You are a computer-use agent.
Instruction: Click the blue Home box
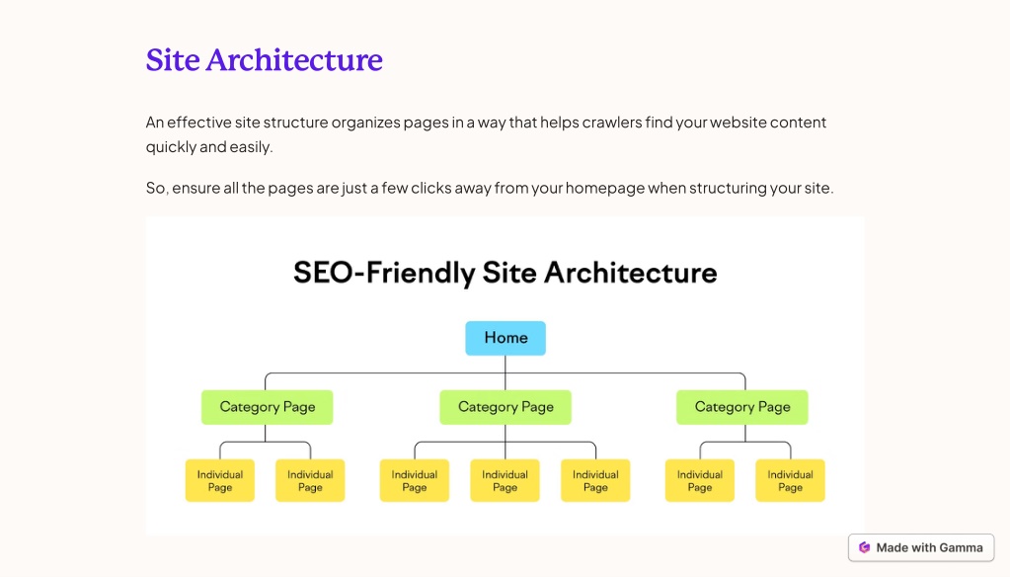[x=505, y=338]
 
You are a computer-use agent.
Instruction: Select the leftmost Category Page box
[x=268, y=407]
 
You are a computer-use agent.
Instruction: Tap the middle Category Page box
[x=505, y=407]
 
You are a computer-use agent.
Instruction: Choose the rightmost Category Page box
[x=742, y=407]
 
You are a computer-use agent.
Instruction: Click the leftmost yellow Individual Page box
[x=219, y=480]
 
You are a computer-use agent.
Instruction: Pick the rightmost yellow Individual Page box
[x=791, y=480]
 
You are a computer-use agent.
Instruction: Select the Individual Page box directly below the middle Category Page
[x=505, y=480]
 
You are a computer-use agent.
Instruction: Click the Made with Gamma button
[x=921, y=548]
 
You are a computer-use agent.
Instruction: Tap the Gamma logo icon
[x=865, y=548]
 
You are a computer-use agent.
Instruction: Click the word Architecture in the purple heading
[x=294, y=60]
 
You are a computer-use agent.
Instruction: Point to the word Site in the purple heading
[x=173, y=60]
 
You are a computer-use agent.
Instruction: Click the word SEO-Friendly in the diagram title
[x=384, y=274]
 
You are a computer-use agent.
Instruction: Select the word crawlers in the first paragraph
[x=612, y=123]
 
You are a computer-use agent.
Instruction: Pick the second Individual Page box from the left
[x=310, y=480]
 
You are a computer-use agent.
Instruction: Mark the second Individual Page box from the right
[x=700, y=480]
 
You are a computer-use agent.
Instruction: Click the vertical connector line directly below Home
[x=505, y=372]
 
